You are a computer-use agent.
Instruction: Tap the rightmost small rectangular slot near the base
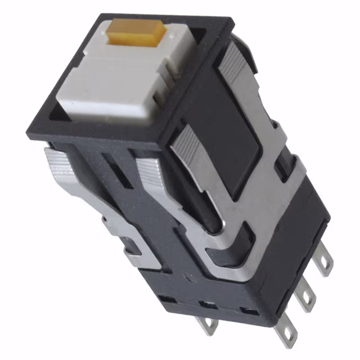coord(246,310)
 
